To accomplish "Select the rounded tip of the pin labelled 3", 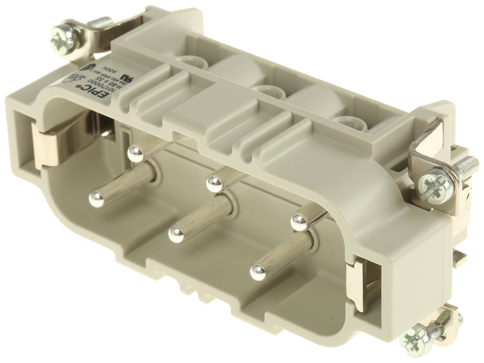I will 176,234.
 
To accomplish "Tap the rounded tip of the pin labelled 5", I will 258,272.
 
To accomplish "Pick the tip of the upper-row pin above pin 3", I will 214,184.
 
